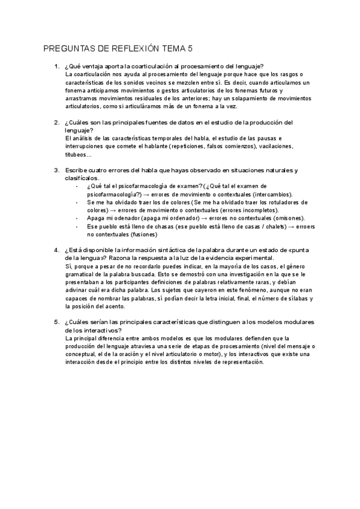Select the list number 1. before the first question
tap(56, 66)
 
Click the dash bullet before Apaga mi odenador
tap(77, 218)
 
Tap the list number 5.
tap(56, 322)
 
